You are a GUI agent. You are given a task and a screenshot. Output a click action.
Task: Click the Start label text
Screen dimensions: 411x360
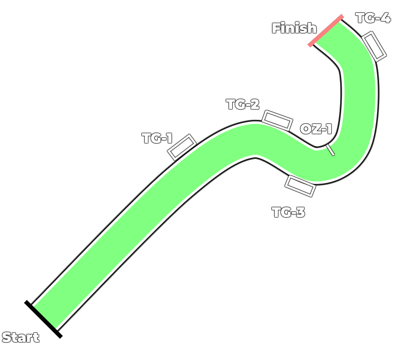[x=21, y=337]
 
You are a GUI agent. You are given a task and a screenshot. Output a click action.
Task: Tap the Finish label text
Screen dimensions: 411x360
[x=294, y=28]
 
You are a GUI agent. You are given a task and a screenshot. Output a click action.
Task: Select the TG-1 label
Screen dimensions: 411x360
[x=157, y=138]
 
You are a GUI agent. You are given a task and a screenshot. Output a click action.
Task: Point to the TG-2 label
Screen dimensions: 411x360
[x=242, y=104]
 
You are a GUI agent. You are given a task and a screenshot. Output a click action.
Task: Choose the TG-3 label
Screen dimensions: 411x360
[x=288, y=212]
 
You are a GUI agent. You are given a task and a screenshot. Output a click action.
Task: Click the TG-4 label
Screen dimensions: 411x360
[x=373, y=18]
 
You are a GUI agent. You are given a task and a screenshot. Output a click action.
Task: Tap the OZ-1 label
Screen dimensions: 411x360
[x=316, y=129]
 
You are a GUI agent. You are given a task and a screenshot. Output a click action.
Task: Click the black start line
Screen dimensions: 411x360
[x=43, y=319]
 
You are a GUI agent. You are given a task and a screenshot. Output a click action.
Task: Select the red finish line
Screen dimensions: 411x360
[x=326, y=31]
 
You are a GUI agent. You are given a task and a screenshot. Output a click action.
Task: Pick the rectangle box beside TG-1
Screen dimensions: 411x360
[x=182, y=147]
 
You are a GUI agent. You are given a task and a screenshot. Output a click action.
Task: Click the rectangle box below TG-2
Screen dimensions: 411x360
[x=277, y=121]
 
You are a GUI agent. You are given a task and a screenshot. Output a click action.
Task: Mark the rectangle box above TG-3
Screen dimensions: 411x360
[x=300, y=186]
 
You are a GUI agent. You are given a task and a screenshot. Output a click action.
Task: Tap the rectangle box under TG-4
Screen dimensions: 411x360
[x=375, y=46]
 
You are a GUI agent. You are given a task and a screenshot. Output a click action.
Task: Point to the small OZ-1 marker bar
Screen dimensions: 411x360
[x=330, y=150]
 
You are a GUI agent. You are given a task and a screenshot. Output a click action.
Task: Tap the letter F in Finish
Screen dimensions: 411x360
[x=276, y=28]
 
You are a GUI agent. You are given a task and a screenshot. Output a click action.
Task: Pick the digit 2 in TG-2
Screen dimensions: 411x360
[x=254, y=104]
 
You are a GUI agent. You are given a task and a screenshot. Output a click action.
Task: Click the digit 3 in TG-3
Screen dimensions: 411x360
[x=300, y=212]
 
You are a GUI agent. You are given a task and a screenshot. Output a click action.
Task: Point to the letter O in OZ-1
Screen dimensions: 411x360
[x=306, y=129]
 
